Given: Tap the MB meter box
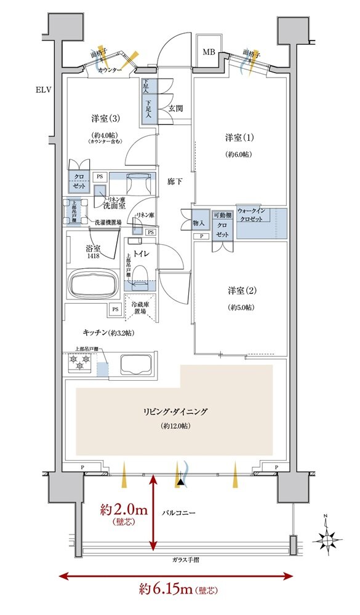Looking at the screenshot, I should tap(209, 52).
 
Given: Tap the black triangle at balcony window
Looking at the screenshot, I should tap(180, 483).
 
